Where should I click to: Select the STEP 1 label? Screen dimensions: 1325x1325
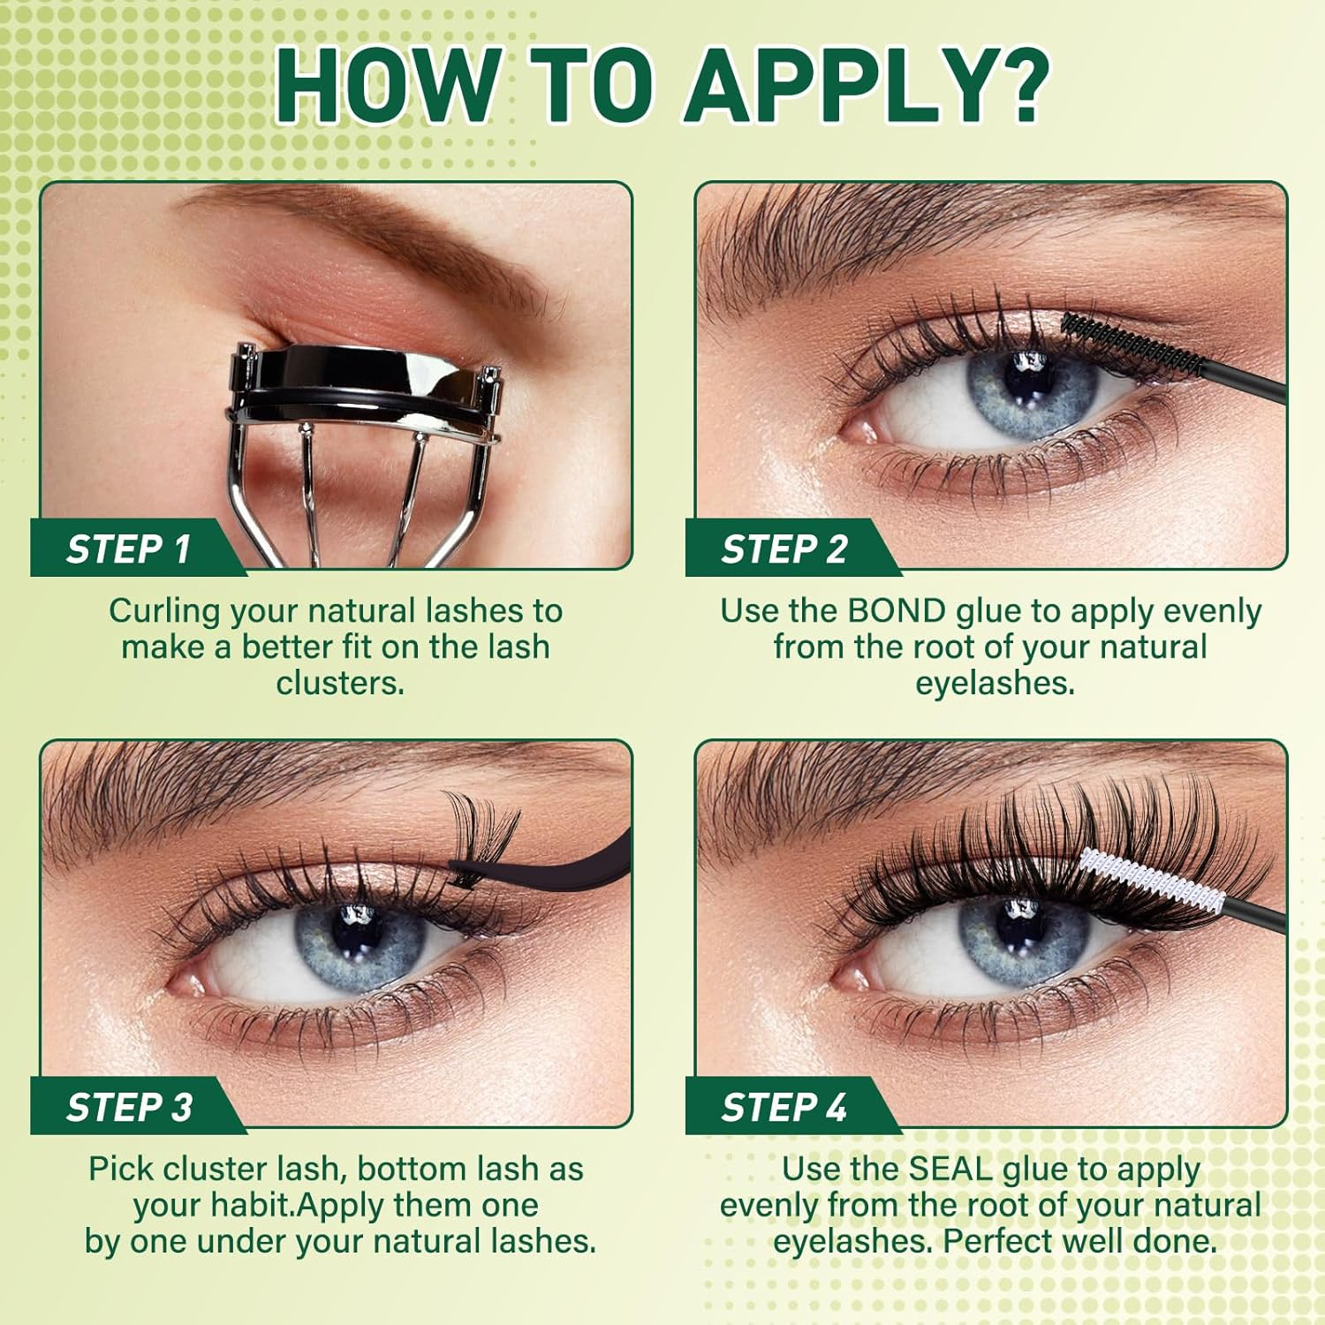129,549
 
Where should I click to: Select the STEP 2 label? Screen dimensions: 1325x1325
784,549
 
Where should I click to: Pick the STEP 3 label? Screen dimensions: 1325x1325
129,1107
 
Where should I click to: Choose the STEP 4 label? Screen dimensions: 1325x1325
784,1107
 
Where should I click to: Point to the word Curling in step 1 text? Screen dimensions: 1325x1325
164,611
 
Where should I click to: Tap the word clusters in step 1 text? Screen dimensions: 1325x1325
340,684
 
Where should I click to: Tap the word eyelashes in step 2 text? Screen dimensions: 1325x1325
995,684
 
